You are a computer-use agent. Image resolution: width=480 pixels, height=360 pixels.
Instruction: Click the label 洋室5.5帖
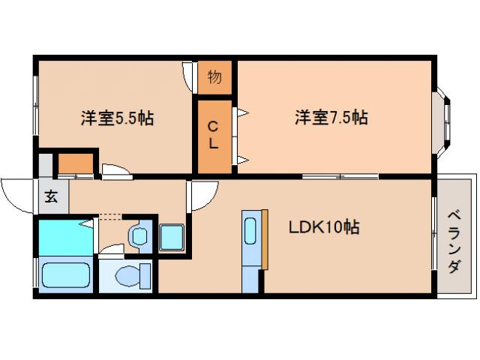tap(118, 118)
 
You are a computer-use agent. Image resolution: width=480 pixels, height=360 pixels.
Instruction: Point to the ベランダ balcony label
tap(454, 241)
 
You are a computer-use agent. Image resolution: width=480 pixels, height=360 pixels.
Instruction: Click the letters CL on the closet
tap(214, 136)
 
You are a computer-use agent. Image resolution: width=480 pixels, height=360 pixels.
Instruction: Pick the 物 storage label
tap(214, 76)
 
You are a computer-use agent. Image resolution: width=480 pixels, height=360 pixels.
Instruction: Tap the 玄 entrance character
tap(51, 198)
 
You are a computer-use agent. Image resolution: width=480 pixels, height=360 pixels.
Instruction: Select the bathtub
tap(65, 275)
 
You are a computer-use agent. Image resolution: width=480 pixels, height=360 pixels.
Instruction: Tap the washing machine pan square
tap(172, 237)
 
